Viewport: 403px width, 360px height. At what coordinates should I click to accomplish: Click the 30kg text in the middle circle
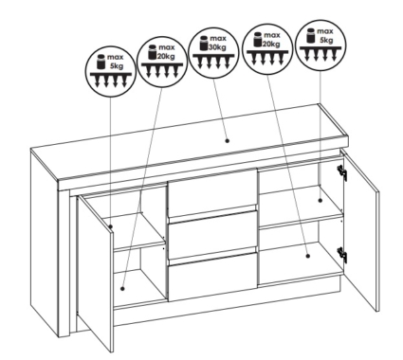coord(216,47)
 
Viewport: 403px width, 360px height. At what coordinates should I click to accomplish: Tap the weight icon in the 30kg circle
coord(203,43)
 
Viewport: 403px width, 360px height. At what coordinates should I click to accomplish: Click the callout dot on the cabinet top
coord(227,141)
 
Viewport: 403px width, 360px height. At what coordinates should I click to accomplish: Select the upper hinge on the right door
coord(342,171)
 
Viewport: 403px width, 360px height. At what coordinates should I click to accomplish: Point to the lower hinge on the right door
coord(342,253)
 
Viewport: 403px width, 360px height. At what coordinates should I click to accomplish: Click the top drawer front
coord(212,192)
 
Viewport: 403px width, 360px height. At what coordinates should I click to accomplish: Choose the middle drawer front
coord(212,235)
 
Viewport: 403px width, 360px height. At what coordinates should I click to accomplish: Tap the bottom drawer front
coord(212,276)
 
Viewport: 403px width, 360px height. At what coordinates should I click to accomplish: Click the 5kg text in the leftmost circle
coord(117,66)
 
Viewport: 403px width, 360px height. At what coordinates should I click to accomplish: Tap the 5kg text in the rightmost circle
coord(326,40)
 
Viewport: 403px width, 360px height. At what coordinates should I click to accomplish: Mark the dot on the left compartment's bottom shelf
coord(122,288)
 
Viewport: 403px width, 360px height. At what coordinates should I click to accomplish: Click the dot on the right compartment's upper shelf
coord(320,200)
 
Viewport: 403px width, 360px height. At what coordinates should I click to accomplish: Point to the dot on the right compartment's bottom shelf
coord(308,256)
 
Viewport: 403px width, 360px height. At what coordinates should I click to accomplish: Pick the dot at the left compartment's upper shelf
coord(111,226)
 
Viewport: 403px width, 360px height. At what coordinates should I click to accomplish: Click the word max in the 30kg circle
coord(218,38)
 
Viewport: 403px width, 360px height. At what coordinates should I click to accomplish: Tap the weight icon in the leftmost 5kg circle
coord(101,62)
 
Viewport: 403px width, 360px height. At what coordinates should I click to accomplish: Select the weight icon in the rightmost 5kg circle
coord(310,35)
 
